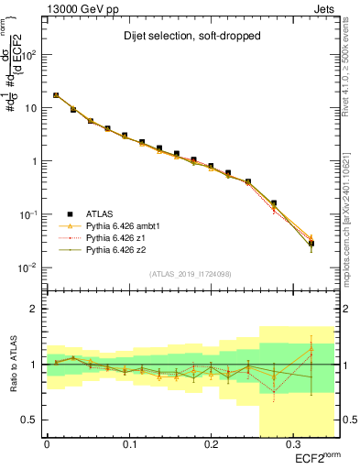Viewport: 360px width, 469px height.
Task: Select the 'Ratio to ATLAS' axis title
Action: [x=12, y=365]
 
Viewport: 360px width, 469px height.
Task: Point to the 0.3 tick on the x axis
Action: [x=292, y=444]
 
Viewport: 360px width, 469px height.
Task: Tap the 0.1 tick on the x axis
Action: [x=129, y=444]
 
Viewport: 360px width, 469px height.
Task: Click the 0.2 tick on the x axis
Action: [x=211, y=444]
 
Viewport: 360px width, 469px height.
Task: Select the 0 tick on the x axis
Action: [x=48, y=444]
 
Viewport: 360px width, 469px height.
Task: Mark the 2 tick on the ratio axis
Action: [x=33, y=309]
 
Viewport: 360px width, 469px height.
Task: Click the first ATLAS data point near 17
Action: [x=56, y=95]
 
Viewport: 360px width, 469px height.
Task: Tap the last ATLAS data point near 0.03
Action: [x=311, y=244]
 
